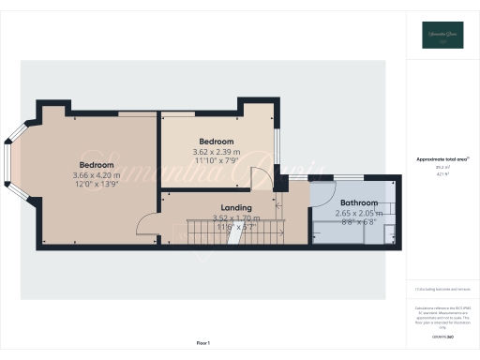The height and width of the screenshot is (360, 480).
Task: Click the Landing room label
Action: [235, 207]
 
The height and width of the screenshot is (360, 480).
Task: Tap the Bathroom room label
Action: [359, 202]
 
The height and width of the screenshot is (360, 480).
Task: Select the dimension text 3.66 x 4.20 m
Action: [91, 174]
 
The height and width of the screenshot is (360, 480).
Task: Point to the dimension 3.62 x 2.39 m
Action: [217, 151]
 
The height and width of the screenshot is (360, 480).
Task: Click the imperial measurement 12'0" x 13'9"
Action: [91, 184]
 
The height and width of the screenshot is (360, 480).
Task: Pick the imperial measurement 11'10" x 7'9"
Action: [216, 160]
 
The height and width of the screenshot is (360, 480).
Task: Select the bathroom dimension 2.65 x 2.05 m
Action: [360, 213]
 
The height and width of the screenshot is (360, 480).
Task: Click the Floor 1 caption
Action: [203, 343]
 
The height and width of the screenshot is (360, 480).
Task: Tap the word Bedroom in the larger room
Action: [91, 163]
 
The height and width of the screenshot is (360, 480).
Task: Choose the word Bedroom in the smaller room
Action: [216, 141]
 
